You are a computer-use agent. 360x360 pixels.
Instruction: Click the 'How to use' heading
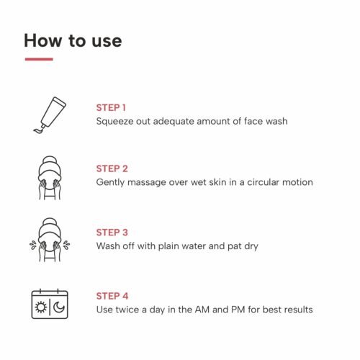pyautogui.click(x=73, y=40)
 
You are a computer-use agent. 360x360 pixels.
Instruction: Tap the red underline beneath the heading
pyautogui.click(x=39, y=59)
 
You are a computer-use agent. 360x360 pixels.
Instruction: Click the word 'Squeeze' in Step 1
pyautogui.click(x=114, y=121)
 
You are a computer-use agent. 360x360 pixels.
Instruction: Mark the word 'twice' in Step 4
pyautogui.click(x=127, y=310)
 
